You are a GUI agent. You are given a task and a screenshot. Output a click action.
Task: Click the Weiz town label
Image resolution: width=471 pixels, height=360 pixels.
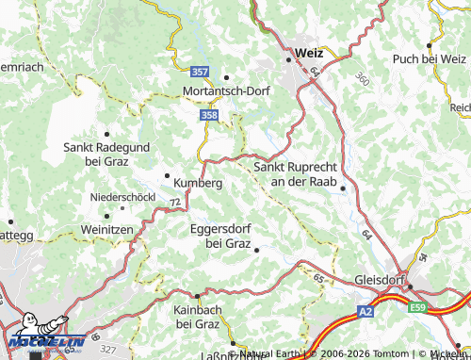point(308,54)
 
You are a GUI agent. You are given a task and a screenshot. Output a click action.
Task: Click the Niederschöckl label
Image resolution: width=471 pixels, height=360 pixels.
point(122,197)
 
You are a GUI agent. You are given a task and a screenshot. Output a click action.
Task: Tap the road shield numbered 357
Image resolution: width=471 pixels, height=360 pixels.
point(199,72)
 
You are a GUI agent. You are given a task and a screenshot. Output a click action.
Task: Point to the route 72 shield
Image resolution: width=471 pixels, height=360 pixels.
point(175,203)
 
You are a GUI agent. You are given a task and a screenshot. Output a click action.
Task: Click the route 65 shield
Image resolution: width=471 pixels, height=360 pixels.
point(319,279)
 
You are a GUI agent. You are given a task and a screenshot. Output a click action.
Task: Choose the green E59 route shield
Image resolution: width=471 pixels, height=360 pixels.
point(417,307)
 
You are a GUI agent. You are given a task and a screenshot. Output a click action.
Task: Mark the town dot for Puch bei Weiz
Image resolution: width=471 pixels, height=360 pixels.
point(430,44)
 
